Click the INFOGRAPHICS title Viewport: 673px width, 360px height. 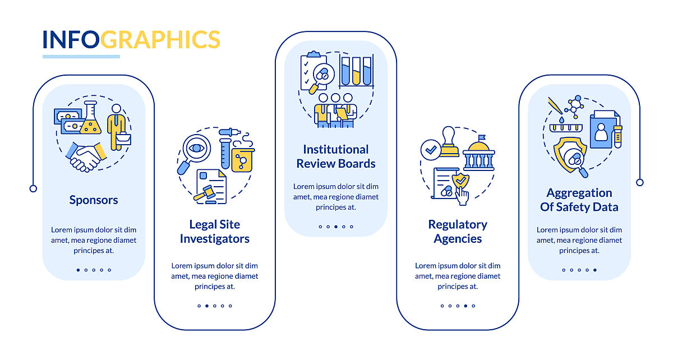tap(131, 39)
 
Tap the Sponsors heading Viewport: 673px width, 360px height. tap(94, 200)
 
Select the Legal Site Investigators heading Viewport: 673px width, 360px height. tap(214, 232)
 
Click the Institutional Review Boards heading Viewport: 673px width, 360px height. tap(335, 156)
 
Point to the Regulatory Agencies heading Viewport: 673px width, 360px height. tap(458, 232)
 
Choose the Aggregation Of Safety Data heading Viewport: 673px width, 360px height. tap(579, 200)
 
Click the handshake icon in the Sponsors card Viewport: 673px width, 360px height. tap(86, 157)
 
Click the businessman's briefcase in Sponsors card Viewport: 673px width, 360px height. tap(123, 139)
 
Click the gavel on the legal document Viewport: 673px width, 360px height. tap(204, 193)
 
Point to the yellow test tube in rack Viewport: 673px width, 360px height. tap(356, 71)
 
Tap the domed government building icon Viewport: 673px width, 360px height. tap(478, 153)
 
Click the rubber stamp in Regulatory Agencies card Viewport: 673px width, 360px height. tap(449, 141)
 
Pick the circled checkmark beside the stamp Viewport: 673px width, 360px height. tap(431, 150)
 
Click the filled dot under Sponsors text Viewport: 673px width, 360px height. tap(78, 270)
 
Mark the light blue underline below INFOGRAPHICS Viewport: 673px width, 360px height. tap(81, 57)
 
